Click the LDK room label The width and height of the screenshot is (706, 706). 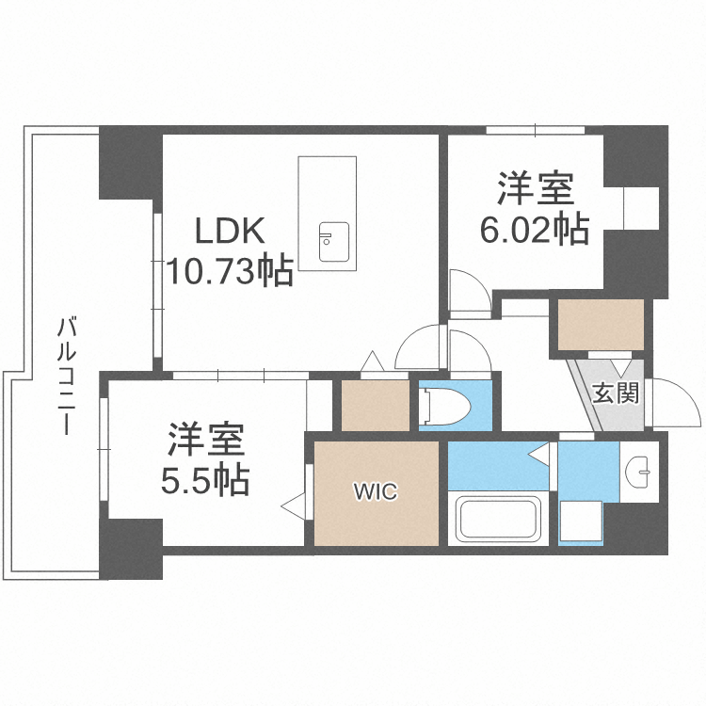(x=230, y=230)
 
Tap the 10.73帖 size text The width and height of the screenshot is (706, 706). (x=230, y=271)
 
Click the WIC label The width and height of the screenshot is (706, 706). (x=376, y=490)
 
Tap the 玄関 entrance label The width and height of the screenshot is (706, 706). (x=616, y=393)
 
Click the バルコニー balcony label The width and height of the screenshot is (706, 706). (x=67, y=377)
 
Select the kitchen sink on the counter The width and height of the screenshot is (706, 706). (x=333, y=242)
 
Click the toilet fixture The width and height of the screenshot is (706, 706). (x=446, y=407)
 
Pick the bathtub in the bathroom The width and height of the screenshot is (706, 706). (x=499, y=519)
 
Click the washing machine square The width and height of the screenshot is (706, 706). (x=581, y=520)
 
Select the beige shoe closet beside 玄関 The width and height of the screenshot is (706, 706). (x=602, y=324)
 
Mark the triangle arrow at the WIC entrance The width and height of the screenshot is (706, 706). (x=293, y=506)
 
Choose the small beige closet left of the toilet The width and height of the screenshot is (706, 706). (x=375, y=405)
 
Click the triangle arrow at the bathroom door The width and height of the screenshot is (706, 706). (x=538, y=454)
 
